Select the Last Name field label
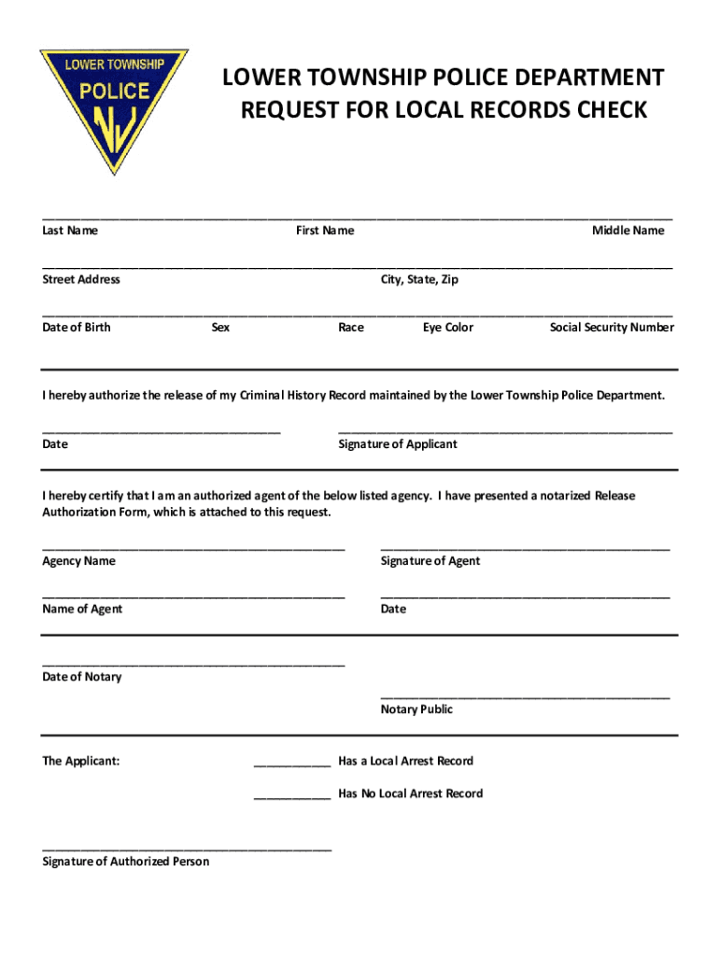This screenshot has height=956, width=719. pyautogui.click(x=70, y=231)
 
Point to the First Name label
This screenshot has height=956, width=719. pyautogui.click(x=325, y=231)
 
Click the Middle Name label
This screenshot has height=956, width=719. pyautogui.click(x=627, y=231)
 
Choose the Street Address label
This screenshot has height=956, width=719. pyautogui.click(x=81, y=279)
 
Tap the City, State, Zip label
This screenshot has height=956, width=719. pyautogui.click(x=419, y=279)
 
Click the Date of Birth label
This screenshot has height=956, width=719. pyautogui.click(x=77, y=328)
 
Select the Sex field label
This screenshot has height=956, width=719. pyautogui.click(x=220, y=328)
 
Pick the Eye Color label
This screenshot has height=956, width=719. pyautogui.click(x=448, y=328)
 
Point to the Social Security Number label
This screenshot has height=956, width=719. pyautogui.click(x=612, y=328)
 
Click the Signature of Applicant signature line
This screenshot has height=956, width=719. pyautogui.click(x=504, y=431)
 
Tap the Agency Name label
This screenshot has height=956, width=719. pyautogui.click(x=79, y=561)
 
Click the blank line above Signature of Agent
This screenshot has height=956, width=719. pyautogui.click(x=525, y=548)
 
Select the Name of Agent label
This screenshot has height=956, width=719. pyautogui.click(x=82, y=610)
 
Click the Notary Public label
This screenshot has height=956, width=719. pyautogui.click(x=416, y=710)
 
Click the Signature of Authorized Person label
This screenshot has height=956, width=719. pyautogui.click(x=126, y=862)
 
